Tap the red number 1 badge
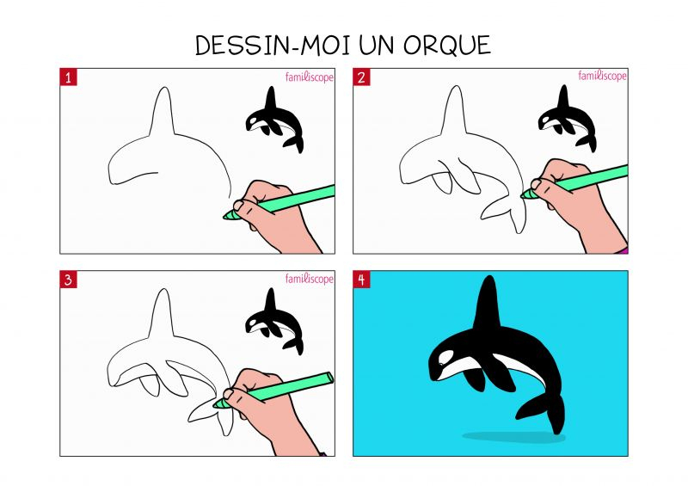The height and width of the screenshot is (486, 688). [x=68, y=77]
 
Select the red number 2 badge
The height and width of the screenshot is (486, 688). [x=361, y=77]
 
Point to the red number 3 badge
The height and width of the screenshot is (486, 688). [x=68, y=280]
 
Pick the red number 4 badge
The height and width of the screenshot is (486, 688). [x=361, y=280]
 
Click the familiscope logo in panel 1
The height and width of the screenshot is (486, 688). [x=310, y=77]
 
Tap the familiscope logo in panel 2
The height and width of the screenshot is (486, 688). [x=602, y=76]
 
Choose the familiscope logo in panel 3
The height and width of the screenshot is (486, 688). [x=310, y=279]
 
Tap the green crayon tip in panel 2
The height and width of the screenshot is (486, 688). [x=526, y=194]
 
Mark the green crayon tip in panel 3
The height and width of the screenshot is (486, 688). [x=219, y=404]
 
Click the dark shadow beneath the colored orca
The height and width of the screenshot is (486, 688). [x=513, y=437]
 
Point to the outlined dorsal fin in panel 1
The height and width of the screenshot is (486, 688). [x=163, y=112]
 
